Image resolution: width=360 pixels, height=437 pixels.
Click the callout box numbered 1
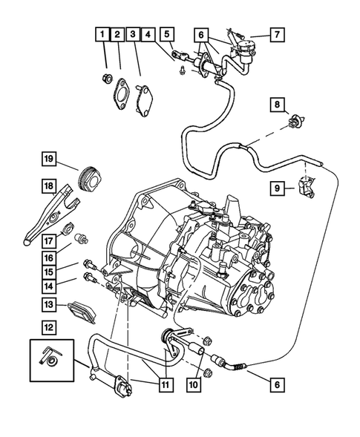[100, 34]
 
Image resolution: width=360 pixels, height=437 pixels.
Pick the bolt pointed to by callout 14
[91, 279]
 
